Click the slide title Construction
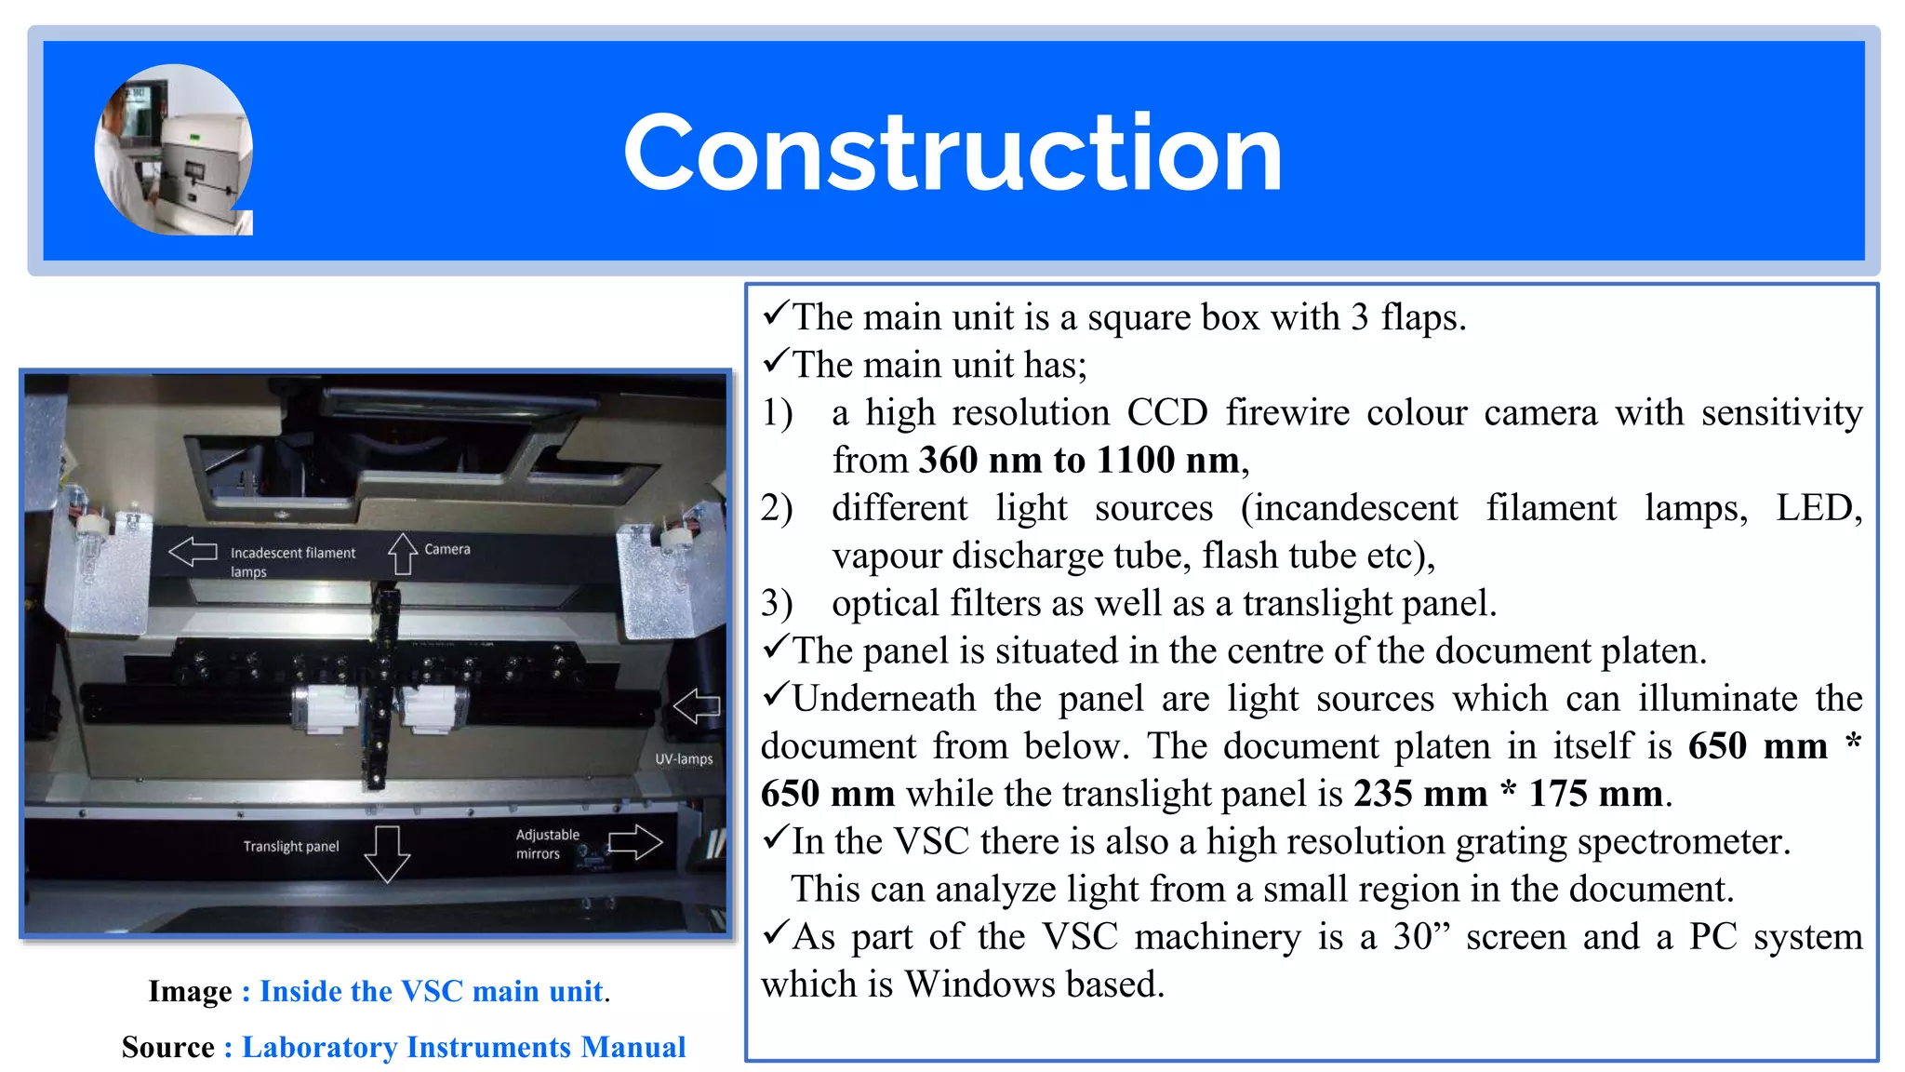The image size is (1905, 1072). [x=952, y=152]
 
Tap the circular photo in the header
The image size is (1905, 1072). [x=174, y=149]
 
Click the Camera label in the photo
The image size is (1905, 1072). [x=447, y=549]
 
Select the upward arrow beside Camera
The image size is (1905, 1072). [x=402, y=554]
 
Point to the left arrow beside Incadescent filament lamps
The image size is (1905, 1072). [x=193, y=552]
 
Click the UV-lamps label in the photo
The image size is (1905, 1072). [x=684, y=759]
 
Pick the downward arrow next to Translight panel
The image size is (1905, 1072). [x=387, y=852]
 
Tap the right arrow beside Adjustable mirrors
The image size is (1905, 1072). [x=634, y=842]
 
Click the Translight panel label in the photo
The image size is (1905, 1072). [x=291, y=846]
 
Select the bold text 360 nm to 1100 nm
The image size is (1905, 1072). [x=1079, y=460]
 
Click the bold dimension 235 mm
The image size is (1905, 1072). [x=1420, y=794]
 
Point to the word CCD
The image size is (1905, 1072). [x=1166, y=412]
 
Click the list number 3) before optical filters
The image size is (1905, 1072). [x=777, y=603]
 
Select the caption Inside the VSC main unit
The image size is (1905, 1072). [x=432, y=991]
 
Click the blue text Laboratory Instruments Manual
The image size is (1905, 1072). [x=463, y=1047]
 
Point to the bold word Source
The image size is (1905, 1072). [x=168, y=1047]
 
